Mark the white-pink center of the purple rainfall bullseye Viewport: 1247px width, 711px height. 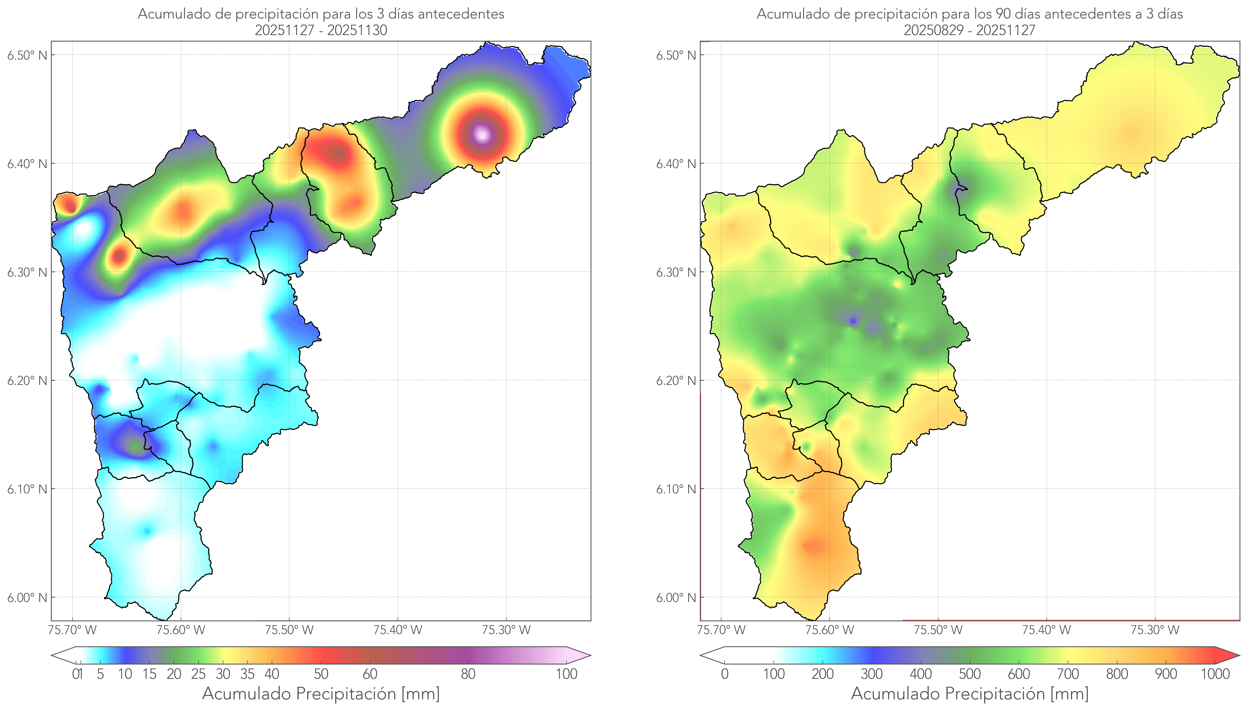click(x=482, y=134)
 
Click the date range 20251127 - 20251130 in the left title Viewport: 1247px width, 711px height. click(x=321, y=30)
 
